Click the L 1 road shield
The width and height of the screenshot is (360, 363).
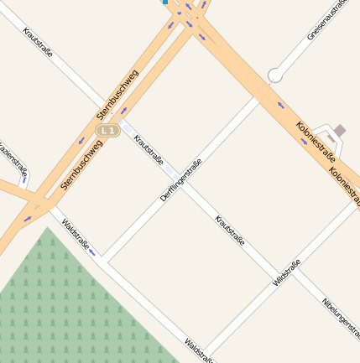coord(106,131)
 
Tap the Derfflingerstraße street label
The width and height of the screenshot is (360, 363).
coord(180,180)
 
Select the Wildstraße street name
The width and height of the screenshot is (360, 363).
coord(287,274)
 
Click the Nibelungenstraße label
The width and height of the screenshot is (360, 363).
coord(339,319)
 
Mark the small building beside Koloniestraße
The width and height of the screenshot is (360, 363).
coord(339,131)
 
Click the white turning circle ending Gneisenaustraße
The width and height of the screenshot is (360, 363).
coord(274,75)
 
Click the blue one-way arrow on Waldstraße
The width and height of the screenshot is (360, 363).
coord(91,252)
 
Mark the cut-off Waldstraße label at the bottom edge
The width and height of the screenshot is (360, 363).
coord(198,352)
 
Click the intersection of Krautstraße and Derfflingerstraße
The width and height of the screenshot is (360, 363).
coord(174,174)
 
